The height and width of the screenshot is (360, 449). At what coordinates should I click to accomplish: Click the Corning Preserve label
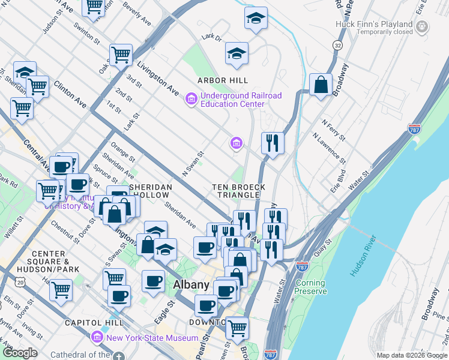point(310,287)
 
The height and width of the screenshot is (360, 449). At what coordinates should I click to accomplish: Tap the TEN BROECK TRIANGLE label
point(239,191)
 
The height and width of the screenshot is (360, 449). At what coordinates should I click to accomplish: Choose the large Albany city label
point(191,285)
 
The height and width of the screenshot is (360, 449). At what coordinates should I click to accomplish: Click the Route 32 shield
point(339,46)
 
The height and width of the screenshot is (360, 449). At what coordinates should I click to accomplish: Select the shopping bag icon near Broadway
point(321,85)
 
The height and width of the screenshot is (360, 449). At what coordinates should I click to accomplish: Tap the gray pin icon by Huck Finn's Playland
point(423,26)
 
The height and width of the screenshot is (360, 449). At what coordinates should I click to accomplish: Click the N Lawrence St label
point(330,148)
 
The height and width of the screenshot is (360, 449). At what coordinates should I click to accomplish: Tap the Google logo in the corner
point(20,353)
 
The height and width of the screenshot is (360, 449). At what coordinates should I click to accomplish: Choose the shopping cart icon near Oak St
point(121,55)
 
